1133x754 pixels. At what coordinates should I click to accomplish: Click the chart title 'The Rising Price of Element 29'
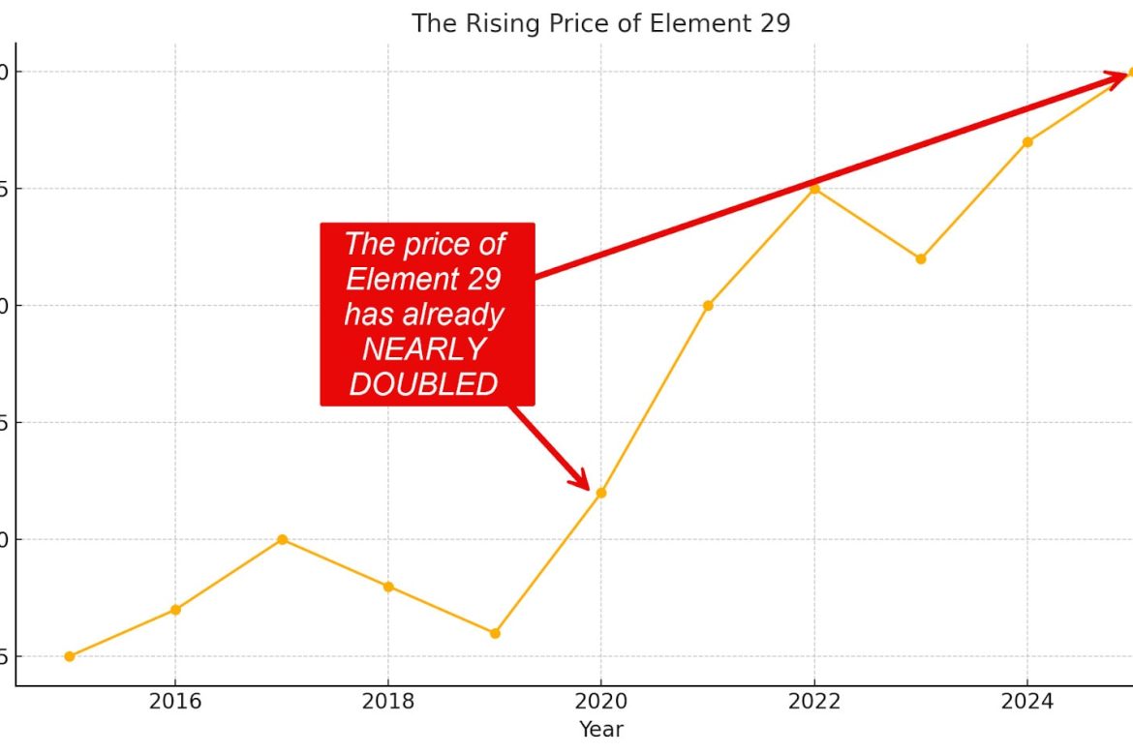tap(600, 23)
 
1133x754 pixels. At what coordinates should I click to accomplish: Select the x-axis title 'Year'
tap(600, 729)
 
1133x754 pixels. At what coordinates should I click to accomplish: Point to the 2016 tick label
tap(175, 701)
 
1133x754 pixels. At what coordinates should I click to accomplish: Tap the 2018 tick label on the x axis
tap(388, 701)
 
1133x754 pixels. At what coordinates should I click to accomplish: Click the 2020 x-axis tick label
tap(600, 701)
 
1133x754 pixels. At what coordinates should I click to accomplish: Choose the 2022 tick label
tap(814, 701)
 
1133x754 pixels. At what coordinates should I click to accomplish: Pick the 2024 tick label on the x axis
tap(1026, 701)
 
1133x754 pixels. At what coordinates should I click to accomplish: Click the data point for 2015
tap(69, 656)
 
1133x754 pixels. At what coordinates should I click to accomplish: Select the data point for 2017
tap(282, 539)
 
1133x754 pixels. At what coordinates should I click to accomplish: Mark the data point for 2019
tap(495, 633)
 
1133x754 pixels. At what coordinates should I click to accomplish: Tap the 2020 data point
tap(600, 493)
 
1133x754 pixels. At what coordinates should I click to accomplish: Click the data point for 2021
tap(708, 306)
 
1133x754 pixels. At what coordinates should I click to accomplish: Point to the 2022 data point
tap(814, 189)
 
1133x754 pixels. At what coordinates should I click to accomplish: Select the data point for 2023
tap(921, 258)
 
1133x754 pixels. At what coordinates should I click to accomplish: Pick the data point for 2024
tap(1027, 142)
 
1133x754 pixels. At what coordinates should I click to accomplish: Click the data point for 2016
tap(175, 610)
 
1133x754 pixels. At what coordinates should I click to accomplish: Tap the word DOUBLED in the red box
tap(423, 384)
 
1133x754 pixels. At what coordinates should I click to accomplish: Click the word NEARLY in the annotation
tap(423, 349)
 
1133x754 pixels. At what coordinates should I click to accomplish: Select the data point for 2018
tap(388, 587)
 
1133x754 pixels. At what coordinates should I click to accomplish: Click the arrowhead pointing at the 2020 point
tap(578, 478)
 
